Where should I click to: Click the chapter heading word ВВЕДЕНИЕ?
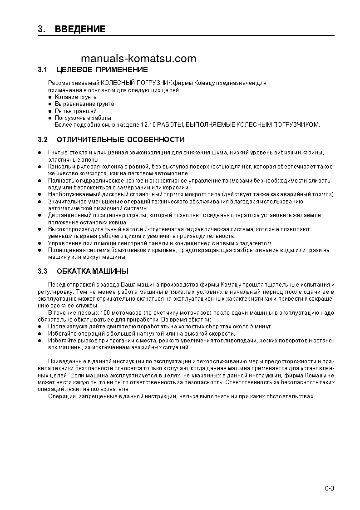coord(80,30)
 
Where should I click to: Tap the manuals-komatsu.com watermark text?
coord(139,59)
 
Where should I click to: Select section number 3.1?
coord(43,70)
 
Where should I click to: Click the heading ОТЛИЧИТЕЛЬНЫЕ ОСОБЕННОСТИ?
coord(121,139)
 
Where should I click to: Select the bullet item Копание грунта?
coord(75,97)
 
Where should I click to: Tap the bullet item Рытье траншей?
coord(75,111)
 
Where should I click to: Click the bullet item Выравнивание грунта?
coord(84,104)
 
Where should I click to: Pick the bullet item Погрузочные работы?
coord(83,118)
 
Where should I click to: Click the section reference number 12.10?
coord(148,124)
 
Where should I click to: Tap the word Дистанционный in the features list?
coord(68,215)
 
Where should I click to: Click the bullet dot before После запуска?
coord(39,327)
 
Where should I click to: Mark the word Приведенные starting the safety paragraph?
coord(66,361)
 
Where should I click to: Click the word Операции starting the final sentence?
coord(63,396)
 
